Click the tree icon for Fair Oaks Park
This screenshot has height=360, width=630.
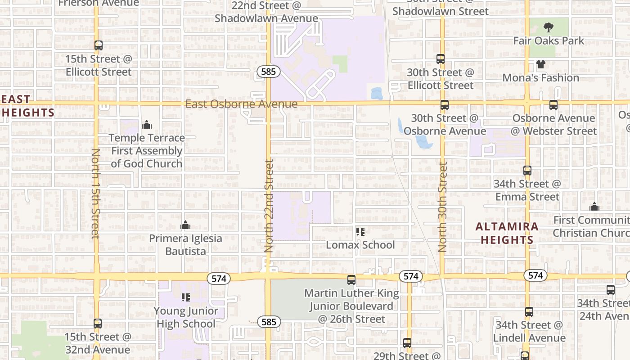[x=548, y=27]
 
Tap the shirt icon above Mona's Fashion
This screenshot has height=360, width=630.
[x=540, y=64]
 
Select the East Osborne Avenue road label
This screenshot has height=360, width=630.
[x=241, y=104]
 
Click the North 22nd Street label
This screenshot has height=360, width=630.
[x=269, y=206]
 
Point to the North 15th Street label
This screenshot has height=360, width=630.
[x=95, y=193]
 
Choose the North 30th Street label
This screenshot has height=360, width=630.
[x=443, y=207]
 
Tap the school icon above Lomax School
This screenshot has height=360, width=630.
[x=360, y=232]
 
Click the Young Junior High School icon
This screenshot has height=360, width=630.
[x=185, y=297]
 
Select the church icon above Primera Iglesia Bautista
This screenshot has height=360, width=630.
[x=185, y=225]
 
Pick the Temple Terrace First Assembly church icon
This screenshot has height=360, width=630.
[x=146, y=125]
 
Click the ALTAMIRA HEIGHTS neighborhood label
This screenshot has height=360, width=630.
[x=507, y=233]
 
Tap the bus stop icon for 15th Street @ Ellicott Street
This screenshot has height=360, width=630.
[x=99, y=45]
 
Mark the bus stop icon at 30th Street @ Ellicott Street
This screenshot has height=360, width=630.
[x=441, y=59]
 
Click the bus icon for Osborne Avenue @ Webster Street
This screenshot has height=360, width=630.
[x=553, y=105]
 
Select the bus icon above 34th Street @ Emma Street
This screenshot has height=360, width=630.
[x=527, y=171]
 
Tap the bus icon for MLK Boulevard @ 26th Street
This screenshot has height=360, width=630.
[x=351, y=280]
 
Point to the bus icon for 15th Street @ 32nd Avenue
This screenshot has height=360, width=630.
[x=98, y=323]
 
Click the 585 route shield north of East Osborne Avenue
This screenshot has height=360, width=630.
[x=269, y=71]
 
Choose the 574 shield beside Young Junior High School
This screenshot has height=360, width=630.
[x=219, y=279]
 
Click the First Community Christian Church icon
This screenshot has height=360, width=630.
[x=594, y=207]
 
